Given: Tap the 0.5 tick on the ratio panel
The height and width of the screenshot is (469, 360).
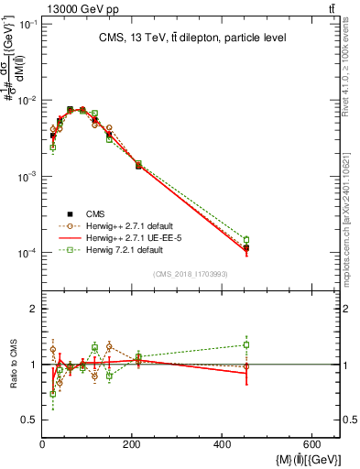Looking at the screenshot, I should pos(27,420).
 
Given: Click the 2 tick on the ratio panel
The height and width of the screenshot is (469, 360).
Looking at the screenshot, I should pos(33,309).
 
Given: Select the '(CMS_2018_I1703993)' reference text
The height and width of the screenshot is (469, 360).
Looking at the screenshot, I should pos(190,273).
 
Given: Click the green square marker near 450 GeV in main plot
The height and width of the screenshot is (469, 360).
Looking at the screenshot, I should pos(246,240).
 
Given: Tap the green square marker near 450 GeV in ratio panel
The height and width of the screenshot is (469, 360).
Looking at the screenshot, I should pos(246,345).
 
